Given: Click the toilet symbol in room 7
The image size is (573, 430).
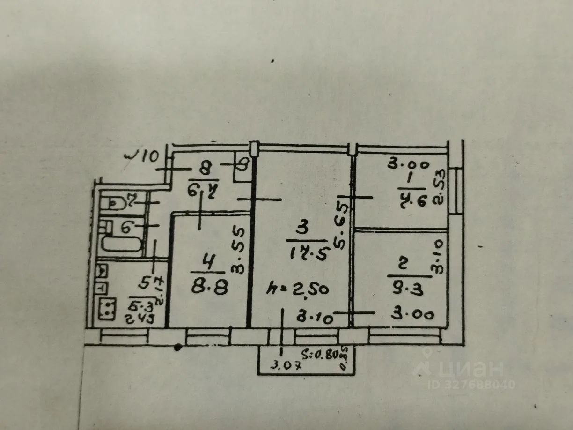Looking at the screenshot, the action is tap(112, 204).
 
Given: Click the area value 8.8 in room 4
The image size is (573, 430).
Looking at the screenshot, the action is tap(210, 286).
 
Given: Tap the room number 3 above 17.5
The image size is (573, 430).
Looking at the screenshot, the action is tap(302, 229).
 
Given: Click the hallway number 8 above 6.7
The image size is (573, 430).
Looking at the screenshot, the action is tap(205, 167).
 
